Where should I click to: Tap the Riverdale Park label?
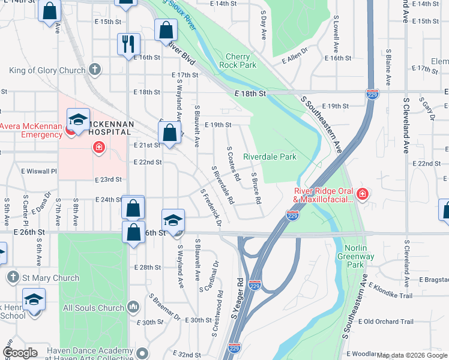tap(270, 157)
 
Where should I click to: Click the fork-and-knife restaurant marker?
tap(128, 44)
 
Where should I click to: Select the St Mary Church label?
tap(49, 278)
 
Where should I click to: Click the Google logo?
tap(20, 353)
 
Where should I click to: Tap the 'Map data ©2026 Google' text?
tap(412, 355)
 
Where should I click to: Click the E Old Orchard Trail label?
tap(393, 321)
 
